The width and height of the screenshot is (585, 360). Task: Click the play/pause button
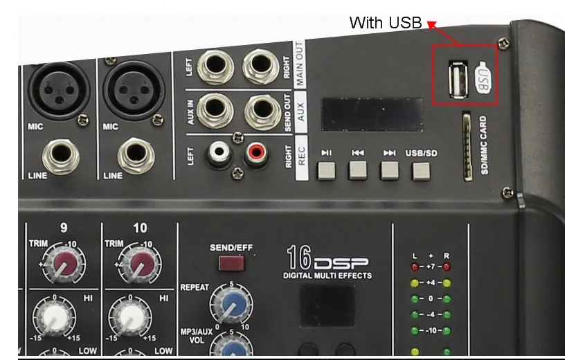click(326, 170)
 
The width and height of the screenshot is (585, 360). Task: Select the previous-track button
click(357, 170)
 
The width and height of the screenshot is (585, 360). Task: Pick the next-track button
click(389, 170)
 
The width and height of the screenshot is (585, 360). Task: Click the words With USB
click(385, 23)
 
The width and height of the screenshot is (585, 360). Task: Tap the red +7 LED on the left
click(415, 266)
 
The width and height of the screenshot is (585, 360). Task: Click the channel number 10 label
click(140, 228)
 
